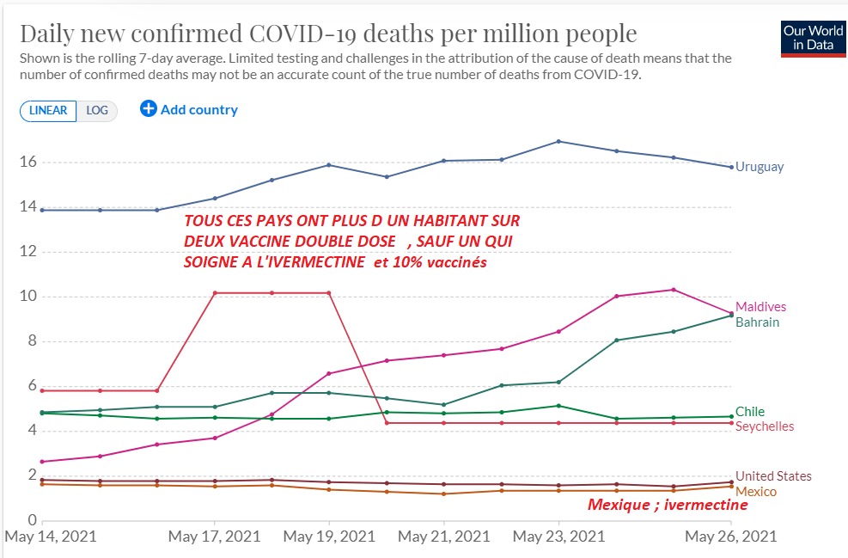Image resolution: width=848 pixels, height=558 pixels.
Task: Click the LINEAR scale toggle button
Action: click(x=48, y=110)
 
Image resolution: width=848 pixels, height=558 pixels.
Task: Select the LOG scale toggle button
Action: click(x=97, y=110)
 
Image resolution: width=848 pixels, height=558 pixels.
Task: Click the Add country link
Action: click(x=189, y=109)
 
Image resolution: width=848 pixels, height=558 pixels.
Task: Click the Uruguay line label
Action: click(x=760, y=167)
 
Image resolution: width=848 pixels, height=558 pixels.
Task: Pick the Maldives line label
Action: click(x=760, y=307)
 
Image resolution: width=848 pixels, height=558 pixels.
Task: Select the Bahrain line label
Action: click(x=757, y=322)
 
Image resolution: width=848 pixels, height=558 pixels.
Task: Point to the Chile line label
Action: click(x=750, y=412)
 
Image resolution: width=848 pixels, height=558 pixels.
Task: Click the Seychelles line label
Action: click(x=765, y=426)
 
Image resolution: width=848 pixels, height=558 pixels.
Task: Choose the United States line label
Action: click(x=773, y=476)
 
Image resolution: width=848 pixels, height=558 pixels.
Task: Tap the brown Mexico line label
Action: click(x=756, y=491)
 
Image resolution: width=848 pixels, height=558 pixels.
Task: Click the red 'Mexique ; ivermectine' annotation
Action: click(x=668, y=505)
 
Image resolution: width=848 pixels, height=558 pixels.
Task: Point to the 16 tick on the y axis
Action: click(x=27, y=162)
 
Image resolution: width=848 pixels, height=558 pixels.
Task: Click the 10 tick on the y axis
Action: click(x=27, y=297)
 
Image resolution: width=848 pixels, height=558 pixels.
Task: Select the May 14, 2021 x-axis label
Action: click(x=51, y=537)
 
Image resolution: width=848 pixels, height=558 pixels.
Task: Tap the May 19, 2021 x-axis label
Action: click(x=329, y=537)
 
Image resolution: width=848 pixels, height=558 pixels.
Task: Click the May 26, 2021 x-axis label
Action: click(x=730, y=537)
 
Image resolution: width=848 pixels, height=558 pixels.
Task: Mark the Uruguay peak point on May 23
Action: click(x=559, y=141)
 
